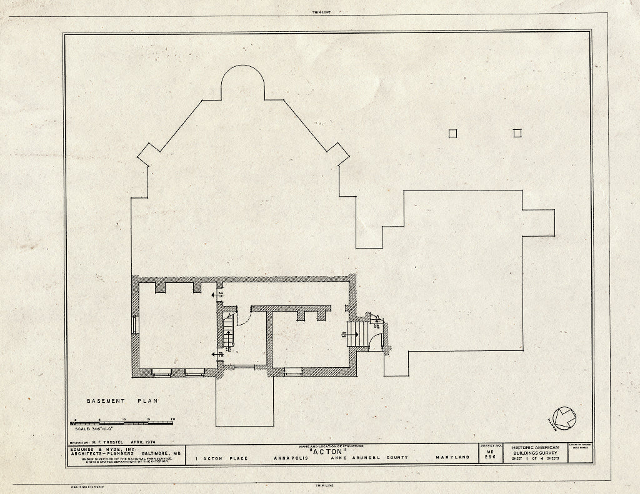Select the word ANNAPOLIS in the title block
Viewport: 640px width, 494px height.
tap(291, 458)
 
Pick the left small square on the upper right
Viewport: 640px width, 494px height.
tap(453, 132)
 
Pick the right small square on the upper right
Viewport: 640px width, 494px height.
tap(517, 132)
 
